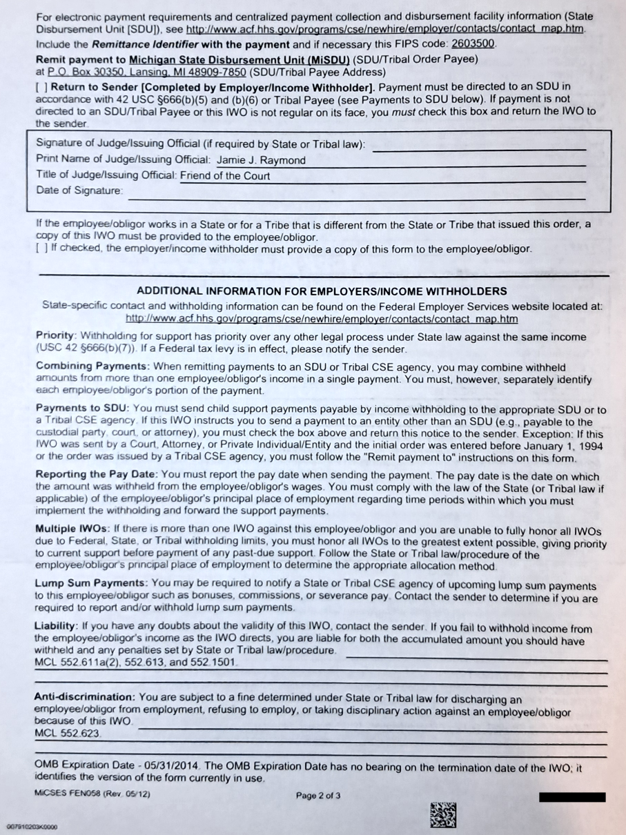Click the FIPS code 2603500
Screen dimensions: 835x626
pyautogui.click(x=472, y=43)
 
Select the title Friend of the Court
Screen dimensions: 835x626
pyautogui.click(x=225, y=176)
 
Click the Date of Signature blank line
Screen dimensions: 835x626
pyautogui.click(x=355, y=195)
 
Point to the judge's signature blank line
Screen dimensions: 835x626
pyautogui.click(x=479, y=147)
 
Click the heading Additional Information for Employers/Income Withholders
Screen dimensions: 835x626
pyautogui.click(x=322, y=291)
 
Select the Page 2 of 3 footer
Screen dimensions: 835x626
pyautogui.click(x=318, y=795)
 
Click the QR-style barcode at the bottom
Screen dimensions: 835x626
pyautogui.click(x=443, y=814)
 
